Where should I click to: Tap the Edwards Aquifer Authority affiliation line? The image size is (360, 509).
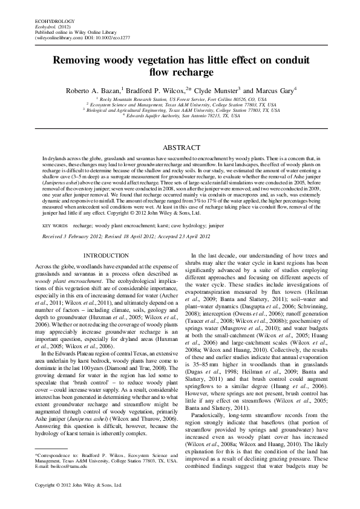(x=180, y=115)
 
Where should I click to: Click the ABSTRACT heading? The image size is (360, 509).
(x=180, y=148)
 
